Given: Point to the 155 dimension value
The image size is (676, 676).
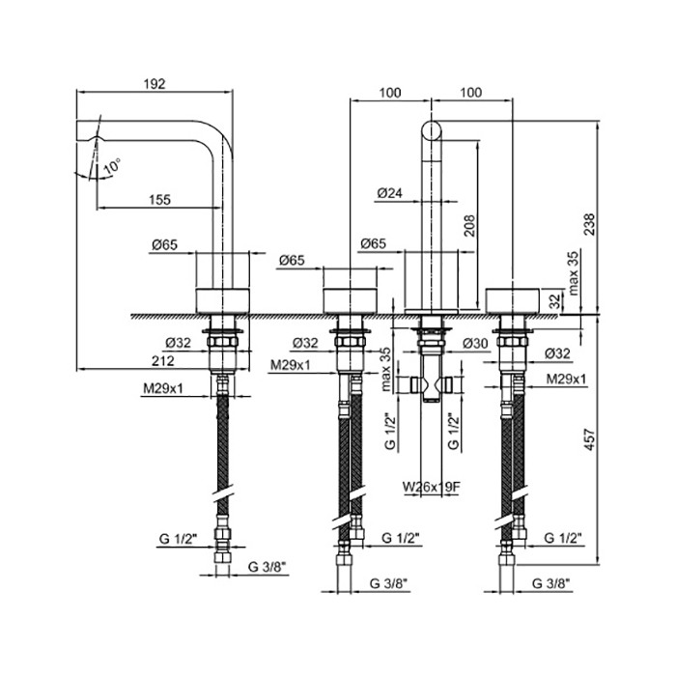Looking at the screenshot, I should [160, 199].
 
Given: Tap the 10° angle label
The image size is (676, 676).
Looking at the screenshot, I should [112, 165].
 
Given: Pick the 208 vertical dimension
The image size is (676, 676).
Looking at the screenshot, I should [468, 226].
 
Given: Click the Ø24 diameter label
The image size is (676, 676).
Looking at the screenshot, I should [388, 193].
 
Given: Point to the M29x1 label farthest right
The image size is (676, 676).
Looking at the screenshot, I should [566, 380].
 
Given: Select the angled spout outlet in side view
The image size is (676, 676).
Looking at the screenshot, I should [86, 135].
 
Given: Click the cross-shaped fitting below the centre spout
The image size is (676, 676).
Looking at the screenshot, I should [431, 385].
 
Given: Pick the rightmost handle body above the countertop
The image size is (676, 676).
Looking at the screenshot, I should [513, 298].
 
